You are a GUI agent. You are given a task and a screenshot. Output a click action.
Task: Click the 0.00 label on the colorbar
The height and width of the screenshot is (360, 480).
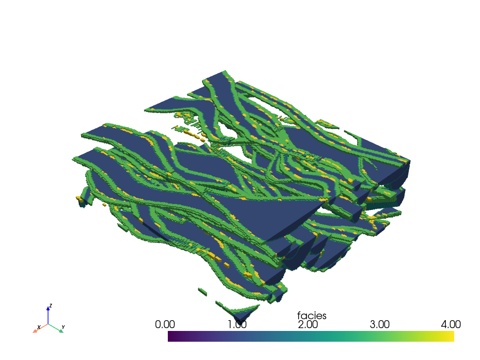click(x=165, y=324)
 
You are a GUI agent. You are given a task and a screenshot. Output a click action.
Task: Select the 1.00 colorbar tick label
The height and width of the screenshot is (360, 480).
click(x=237, y=324)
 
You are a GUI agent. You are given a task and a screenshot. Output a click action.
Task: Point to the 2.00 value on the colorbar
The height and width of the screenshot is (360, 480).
click(x=307, y=324)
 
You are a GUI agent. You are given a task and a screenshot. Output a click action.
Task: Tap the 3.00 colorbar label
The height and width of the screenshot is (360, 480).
click(x=380, y=324)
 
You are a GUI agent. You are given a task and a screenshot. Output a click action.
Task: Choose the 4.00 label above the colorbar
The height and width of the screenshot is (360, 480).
click(x=450, y=324)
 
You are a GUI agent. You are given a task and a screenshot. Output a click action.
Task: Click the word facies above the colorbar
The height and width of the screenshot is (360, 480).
click(x=312, y=315)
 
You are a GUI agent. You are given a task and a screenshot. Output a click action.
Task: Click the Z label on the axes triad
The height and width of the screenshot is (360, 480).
click(x=51, y=306)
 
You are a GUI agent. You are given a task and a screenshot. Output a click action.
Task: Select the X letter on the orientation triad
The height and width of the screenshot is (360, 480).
click(x=39, y=327)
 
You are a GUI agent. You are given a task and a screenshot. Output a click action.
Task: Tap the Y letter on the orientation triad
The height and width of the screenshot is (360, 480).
click(x=63, y=327)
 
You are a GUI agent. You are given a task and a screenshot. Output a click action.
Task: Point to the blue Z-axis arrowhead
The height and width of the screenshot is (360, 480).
click(x=48, y=308)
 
